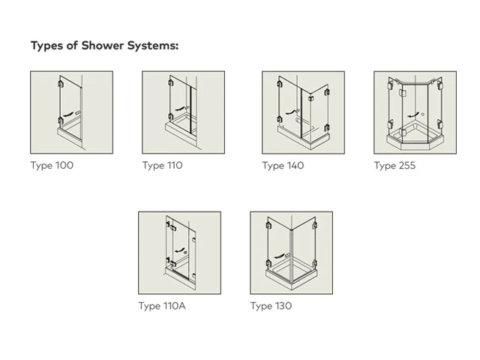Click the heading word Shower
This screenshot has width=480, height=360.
pos(103,46)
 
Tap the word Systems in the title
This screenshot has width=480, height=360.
pos(153,46)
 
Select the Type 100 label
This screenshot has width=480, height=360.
pos(52,166)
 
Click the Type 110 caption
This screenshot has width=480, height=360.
pos(163,166)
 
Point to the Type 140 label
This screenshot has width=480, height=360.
pos(283,166)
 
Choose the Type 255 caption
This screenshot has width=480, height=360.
pos(395,166)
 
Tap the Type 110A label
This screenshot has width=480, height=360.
pos(162,306)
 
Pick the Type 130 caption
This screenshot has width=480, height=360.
pos(271,306)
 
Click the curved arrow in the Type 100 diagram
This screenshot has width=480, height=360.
pos(68,115)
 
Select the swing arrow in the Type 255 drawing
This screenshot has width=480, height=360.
pos(412,115)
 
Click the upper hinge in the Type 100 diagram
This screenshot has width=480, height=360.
pos(60,83)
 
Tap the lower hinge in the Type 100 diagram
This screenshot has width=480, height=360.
pos(60,120)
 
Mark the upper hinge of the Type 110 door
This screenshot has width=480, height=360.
pos(170,82)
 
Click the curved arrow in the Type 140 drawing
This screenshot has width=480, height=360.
pos(291,112)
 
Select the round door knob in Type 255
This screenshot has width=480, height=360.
pos(422,115)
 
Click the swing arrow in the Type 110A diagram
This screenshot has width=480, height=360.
pos(179,250)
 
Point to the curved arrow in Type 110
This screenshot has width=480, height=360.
pos(180,109)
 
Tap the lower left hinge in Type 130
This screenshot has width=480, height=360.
pos(268,263)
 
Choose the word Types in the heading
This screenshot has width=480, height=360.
pos(47,46)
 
